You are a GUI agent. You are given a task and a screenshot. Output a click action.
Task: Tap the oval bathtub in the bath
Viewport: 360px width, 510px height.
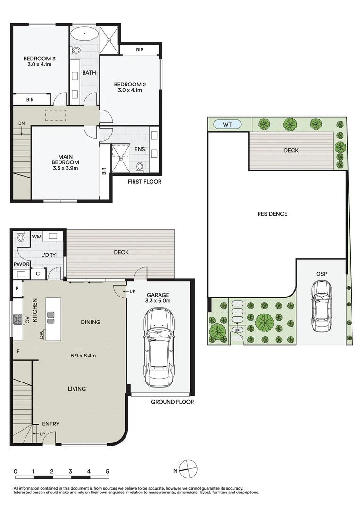[84, 34]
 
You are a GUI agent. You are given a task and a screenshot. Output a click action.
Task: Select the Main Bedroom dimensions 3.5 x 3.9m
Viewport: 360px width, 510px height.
[65, 168]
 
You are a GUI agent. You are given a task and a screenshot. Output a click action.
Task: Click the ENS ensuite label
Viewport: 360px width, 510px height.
[140, 149]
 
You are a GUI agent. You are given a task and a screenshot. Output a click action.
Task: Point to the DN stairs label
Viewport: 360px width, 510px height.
[21, 123]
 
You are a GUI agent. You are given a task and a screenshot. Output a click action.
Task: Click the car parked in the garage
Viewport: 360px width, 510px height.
[159, 348]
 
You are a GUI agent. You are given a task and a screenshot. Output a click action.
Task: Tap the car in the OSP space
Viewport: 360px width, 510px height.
[322, 306]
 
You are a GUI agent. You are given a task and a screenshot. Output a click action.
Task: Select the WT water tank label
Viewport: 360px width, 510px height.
[227, 124]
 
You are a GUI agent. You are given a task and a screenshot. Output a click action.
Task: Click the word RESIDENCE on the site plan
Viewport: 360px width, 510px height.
[272, 214]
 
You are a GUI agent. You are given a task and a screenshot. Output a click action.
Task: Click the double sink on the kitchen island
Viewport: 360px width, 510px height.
[51, 318]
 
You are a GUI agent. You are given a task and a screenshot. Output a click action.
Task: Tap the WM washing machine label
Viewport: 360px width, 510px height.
[37, 237]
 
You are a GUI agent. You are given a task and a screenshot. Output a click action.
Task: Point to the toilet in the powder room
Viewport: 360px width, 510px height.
[21, 237]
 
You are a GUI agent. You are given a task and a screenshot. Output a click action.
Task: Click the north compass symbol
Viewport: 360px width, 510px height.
[189, 470]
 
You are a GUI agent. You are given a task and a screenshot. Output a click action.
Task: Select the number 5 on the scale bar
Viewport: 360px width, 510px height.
[107, 471]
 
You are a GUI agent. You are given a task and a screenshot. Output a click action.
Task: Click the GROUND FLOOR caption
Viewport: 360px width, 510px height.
[172, 402]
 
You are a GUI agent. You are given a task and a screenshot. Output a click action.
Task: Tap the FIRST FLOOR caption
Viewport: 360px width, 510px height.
[144, 181]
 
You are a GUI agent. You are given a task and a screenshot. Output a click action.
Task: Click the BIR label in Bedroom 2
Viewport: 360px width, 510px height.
[140, 50]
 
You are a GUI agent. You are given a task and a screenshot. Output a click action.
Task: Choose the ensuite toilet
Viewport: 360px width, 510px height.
[140, 167]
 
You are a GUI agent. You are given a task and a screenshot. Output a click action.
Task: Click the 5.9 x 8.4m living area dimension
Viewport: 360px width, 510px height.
[83, 356]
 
